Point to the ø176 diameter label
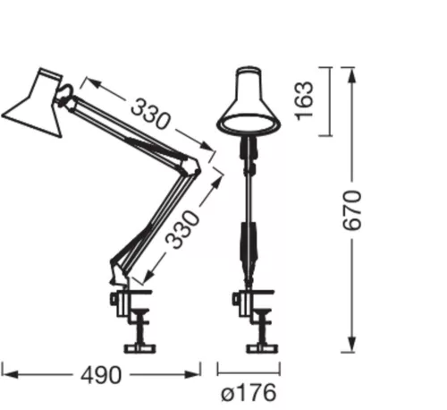(248, 393)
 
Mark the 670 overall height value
(355, 209)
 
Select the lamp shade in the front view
(248, 100)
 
